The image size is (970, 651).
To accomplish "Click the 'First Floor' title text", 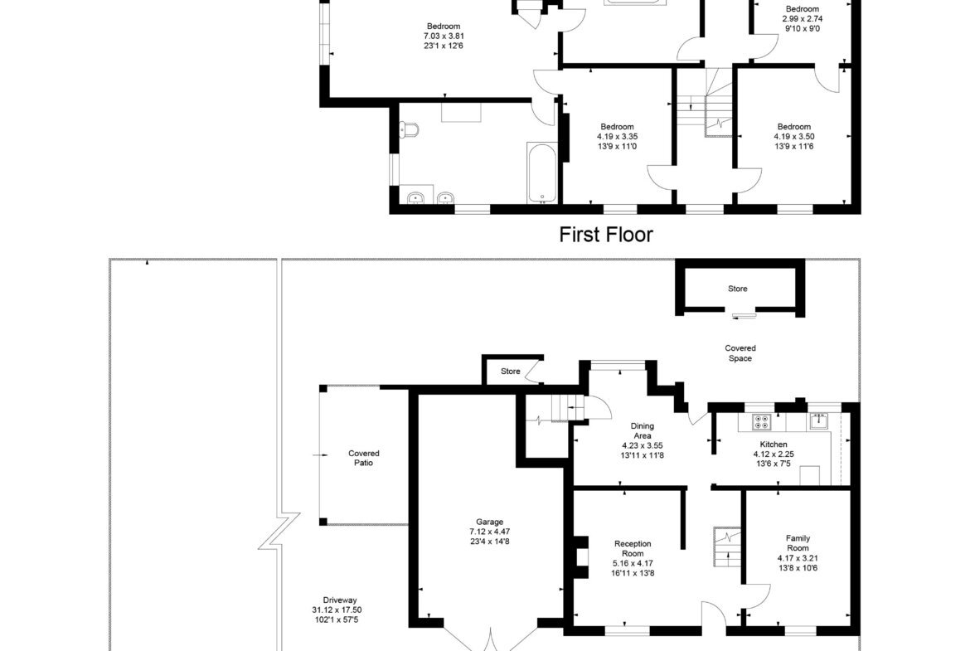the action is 606,235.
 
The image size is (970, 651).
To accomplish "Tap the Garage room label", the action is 489,522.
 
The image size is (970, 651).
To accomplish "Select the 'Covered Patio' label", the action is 364,458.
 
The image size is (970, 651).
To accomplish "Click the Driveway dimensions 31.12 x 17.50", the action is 337,610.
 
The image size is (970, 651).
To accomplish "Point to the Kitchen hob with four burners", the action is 762,422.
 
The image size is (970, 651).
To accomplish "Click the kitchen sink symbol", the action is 821,420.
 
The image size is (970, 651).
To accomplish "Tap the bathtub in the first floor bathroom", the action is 542,172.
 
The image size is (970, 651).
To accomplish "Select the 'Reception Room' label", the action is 633,548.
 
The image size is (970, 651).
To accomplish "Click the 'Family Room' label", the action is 798,542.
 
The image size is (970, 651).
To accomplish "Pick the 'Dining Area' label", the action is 643,430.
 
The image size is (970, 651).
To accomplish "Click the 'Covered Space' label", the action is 740,353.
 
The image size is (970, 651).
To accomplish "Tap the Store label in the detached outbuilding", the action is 737,289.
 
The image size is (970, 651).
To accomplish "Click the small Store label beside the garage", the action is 511,372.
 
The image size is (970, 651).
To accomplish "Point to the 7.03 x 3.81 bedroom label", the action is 444,36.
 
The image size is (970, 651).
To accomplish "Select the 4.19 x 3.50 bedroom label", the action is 793,136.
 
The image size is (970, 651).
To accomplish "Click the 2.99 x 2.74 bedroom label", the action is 803,18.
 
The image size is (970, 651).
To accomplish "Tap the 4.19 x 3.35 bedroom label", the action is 617,136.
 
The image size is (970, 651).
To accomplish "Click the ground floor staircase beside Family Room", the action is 727,547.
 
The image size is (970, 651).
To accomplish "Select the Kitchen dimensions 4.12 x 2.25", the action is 774,454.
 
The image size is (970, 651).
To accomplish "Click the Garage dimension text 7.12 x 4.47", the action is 489,532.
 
